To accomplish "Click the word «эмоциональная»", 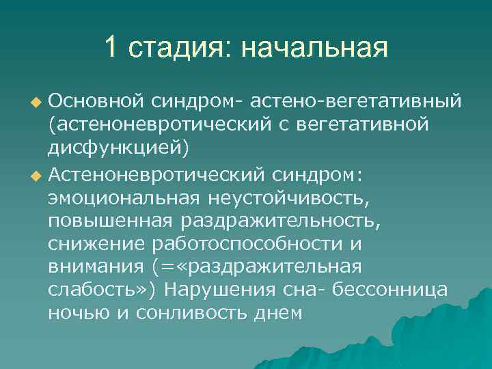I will coord(123,197).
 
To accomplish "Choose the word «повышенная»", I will coord(111,221).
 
